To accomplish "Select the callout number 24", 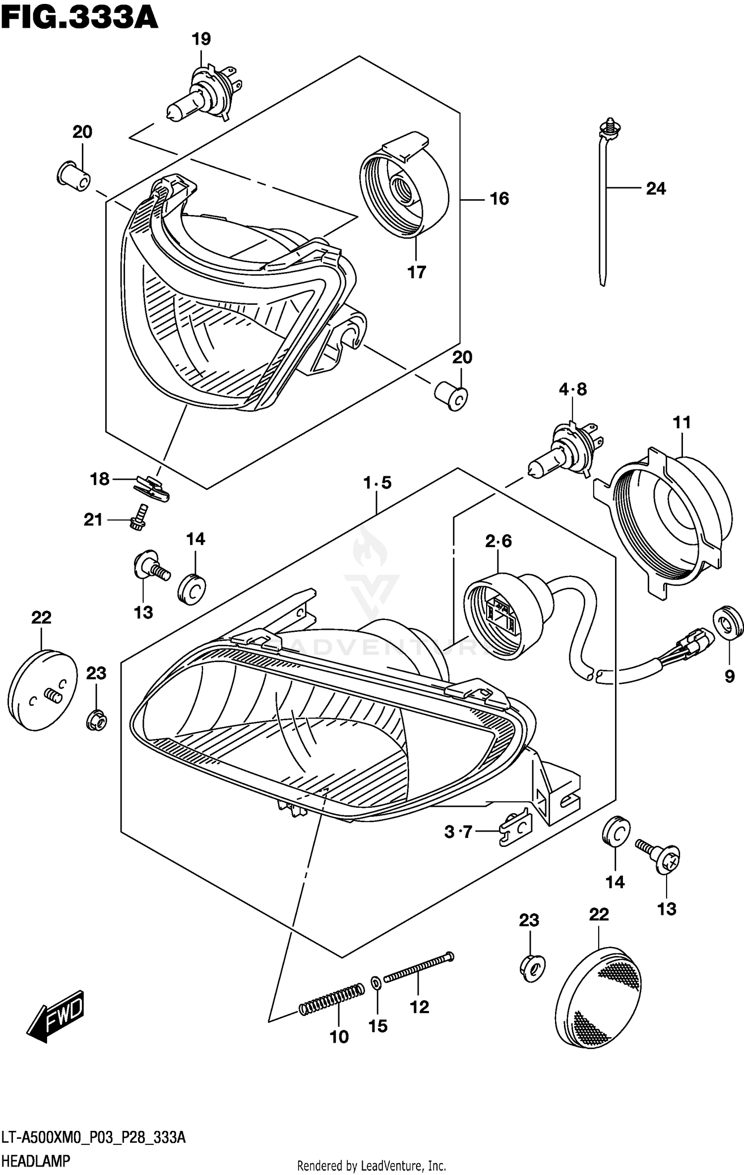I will (x=655, y=188).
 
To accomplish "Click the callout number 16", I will (x=499, y=199).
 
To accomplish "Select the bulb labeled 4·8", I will (x=565, y=448).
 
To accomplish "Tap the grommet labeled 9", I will (x=728, y=625).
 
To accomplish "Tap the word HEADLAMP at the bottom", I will (x=36, y=1161).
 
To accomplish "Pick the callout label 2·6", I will (x=498, y=541).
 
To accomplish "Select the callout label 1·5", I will (x=377, y=482).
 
